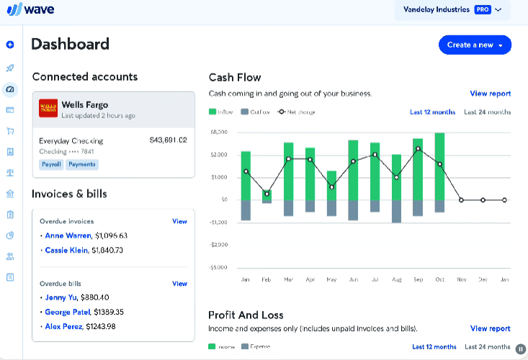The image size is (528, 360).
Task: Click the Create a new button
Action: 475,45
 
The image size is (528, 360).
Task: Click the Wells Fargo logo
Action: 48,109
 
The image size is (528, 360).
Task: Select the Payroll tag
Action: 50,164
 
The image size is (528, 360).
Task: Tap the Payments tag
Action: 81,164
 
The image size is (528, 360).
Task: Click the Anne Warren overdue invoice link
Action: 68,235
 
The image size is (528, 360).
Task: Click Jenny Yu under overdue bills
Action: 61,297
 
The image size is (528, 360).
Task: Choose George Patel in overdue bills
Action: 68,312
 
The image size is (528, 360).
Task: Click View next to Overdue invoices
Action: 179,221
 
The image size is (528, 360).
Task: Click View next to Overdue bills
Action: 179,284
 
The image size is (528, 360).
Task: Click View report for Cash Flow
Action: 490,94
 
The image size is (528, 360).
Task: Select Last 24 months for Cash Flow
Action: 487,112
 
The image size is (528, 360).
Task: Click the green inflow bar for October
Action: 439,166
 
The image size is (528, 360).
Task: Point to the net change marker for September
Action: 418,149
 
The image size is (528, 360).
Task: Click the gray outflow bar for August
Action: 396,211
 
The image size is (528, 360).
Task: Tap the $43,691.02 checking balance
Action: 168,140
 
